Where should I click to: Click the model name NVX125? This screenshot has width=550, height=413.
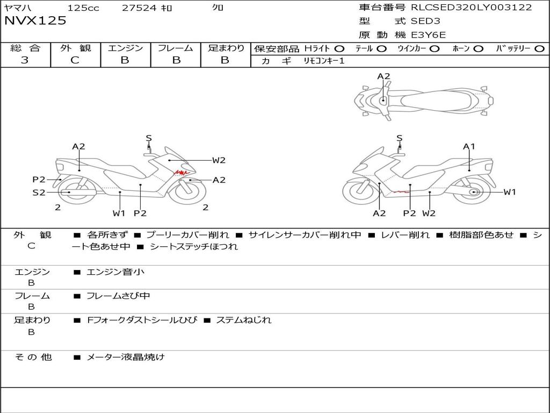point(35,21)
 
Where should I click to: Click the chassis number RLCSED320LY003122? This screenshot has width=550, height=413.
point(471,8)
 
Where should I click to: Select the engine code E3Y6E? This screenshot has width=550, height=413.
point(428,35)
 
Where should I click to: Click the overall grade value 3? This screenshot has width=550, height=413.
point(25,60)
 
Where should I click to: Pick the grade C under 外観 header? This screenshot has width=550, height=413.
point(75,60)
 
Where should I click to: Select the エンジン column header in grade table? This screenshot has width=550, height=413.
point(125,48)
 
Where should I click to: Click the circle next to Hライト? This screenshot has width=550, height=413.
point(339,49)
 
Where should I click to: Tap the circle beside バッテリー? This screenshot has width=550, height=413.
point(539,49)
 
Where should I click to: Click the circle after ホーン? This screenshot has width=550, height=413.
point(478,49)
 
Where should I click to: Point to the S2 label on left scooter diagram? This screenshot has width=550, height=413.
point(39,192)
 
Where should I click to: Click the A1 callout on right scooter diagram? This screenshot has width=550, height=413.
point(469,146)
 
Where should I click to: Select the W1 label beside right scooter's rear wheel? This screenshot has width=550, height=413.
point(509,192)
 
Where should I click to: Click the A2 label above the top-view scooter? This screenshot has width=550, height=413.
point(383,76)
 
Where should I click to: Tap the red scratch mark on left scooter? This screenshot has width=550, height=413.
point(182,173)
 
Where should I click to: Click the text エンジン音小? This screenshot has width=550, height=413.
point(115,272)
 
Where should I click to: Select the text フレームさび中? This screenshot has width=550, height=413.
point(118,296)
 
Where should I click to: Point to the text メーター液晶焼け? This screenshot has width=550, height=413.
point(126,357)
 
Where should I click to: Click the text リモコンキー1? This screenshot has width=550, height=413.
point(324,61)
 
